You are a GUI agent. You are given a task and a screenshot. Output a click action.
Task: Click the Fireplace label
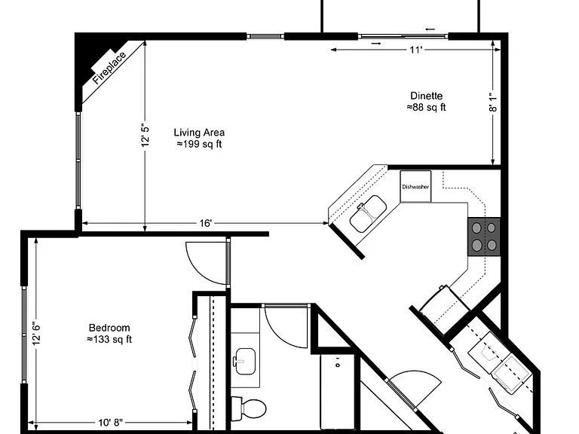click(109, 69)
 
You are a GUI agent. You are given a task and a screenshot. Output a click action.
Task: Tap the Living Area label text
click(199, 133)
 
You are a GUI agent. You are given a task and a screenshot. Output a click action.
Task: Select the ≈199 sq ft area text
click(199, 144)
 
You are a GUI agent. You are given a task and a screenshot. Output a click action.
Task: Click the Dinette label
click(427, 96)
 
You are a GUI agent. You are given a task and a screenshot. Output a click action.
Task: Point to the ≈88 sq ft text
click(427, 108)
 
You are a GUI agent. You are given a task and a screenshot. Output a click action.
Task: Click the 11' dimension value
click(415, 50)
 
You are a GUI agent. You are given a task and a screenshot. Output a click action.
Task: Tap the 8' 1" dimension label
click(493, 102)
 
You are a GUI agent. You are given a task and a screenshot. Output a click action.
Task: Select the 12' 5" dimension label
click(146, 136)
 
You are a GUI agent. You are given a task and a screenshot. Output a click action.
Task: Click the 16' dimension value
click(206, 223)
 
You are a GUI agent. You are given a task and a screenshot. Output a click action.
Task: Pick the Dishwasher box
click(415, 186)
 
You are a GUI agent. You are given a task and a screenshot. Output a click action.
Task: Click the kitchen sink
click(368, 214)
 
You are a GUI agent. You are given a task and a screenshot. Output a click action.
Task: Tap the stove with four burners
click(484, 237)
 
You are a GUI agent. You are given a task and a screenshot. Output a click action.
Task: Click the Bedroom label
click(109, 328)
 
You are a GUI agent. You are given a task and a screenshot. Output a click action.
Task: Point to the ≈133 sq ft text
click(109, 339)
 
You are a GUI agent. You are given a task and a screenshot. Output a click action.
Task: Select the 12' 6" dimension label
click(36, 335)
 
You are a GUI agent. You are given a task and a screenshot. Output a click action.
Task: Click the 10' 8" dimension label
click(110, 423)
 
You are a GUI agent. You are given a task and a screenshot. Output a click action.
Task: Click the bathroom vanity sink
click(245, 362)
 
